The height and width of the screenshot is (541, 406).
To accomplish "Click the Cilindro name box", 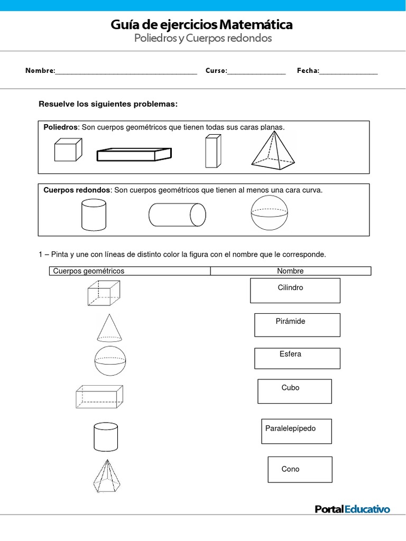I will (x=295, y=291).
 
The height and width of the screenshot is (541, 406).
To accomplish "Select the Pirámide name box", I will (x=297, y=325).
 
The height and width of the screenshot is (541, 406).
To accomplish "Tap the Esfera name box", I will (x=297, y=358).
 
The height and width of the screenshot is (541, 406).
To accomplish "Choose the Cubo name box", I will (x=294, y=391).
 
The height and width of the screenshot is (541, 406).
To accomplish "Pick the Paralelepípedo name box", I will (x=296, y=431).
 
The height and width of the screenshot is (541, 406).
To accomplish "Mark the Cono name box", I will (x=300, y=470).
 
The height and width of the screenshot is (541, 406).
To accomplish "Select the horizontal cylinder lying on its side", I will (x=177, y=215).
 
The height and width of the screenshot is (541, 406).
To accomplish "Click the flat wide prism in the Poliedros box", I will (x=134, y=154).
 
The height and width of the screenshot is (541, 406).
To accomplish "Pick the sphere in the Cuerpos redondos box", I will (x=270, y=214).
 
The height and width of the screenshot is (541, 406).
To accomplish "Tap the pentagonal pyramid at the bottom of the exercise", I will (x=109, y=476).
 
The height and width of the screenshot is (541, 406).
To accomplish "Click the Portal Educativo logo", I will (x=352, y=509).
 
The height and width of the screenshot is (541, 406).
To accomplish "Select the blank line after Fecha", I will (x=348, y=71).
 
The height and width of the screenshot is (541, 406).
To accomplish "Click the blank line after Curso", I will (x=256, y=71).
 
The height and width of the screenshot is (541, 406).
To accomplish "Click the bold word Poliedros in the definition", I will (x=61, y=127).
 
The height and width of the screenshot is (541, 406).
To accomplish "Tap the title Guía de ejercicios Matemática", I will (x=201, y=25).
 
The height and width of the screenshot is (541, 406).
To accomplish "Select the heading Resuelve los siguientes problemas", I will (x=108, y=104).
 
